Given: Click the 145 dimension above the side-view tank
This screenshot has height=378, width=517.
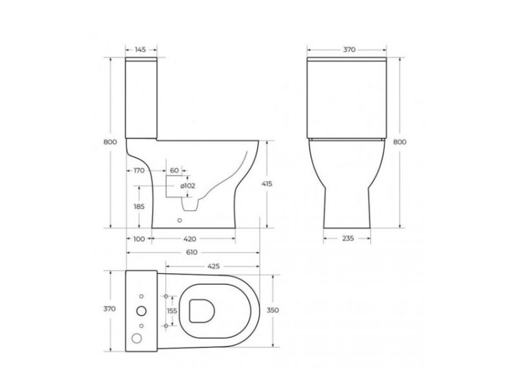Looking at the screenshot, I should [x=141, y=50].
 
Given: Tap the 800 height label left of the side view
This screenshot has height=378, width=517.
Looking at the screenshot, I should [x=108, y=141].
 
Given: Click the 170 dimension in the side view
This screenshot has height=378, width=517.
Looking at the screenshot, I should [x=139, y=170].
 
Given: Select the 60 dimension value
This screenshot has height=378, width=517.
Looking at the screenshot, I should [x=174, y=170].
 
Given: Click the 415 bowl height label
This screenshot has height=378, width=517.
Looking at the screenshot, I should [x=267, y=183].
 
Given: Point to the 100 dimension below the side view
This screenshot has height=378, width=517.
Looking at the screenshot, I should [x=140, y=239].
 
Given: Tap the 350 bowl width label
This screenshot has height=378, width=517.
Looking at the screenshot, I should [x=272, y=311].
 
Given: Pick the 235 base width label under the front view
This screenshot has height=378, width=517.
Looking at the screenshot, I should [x=348, y=239].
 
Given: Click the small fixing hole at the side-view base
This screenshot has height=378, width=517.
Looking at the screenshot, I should [x=180, y=221].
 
